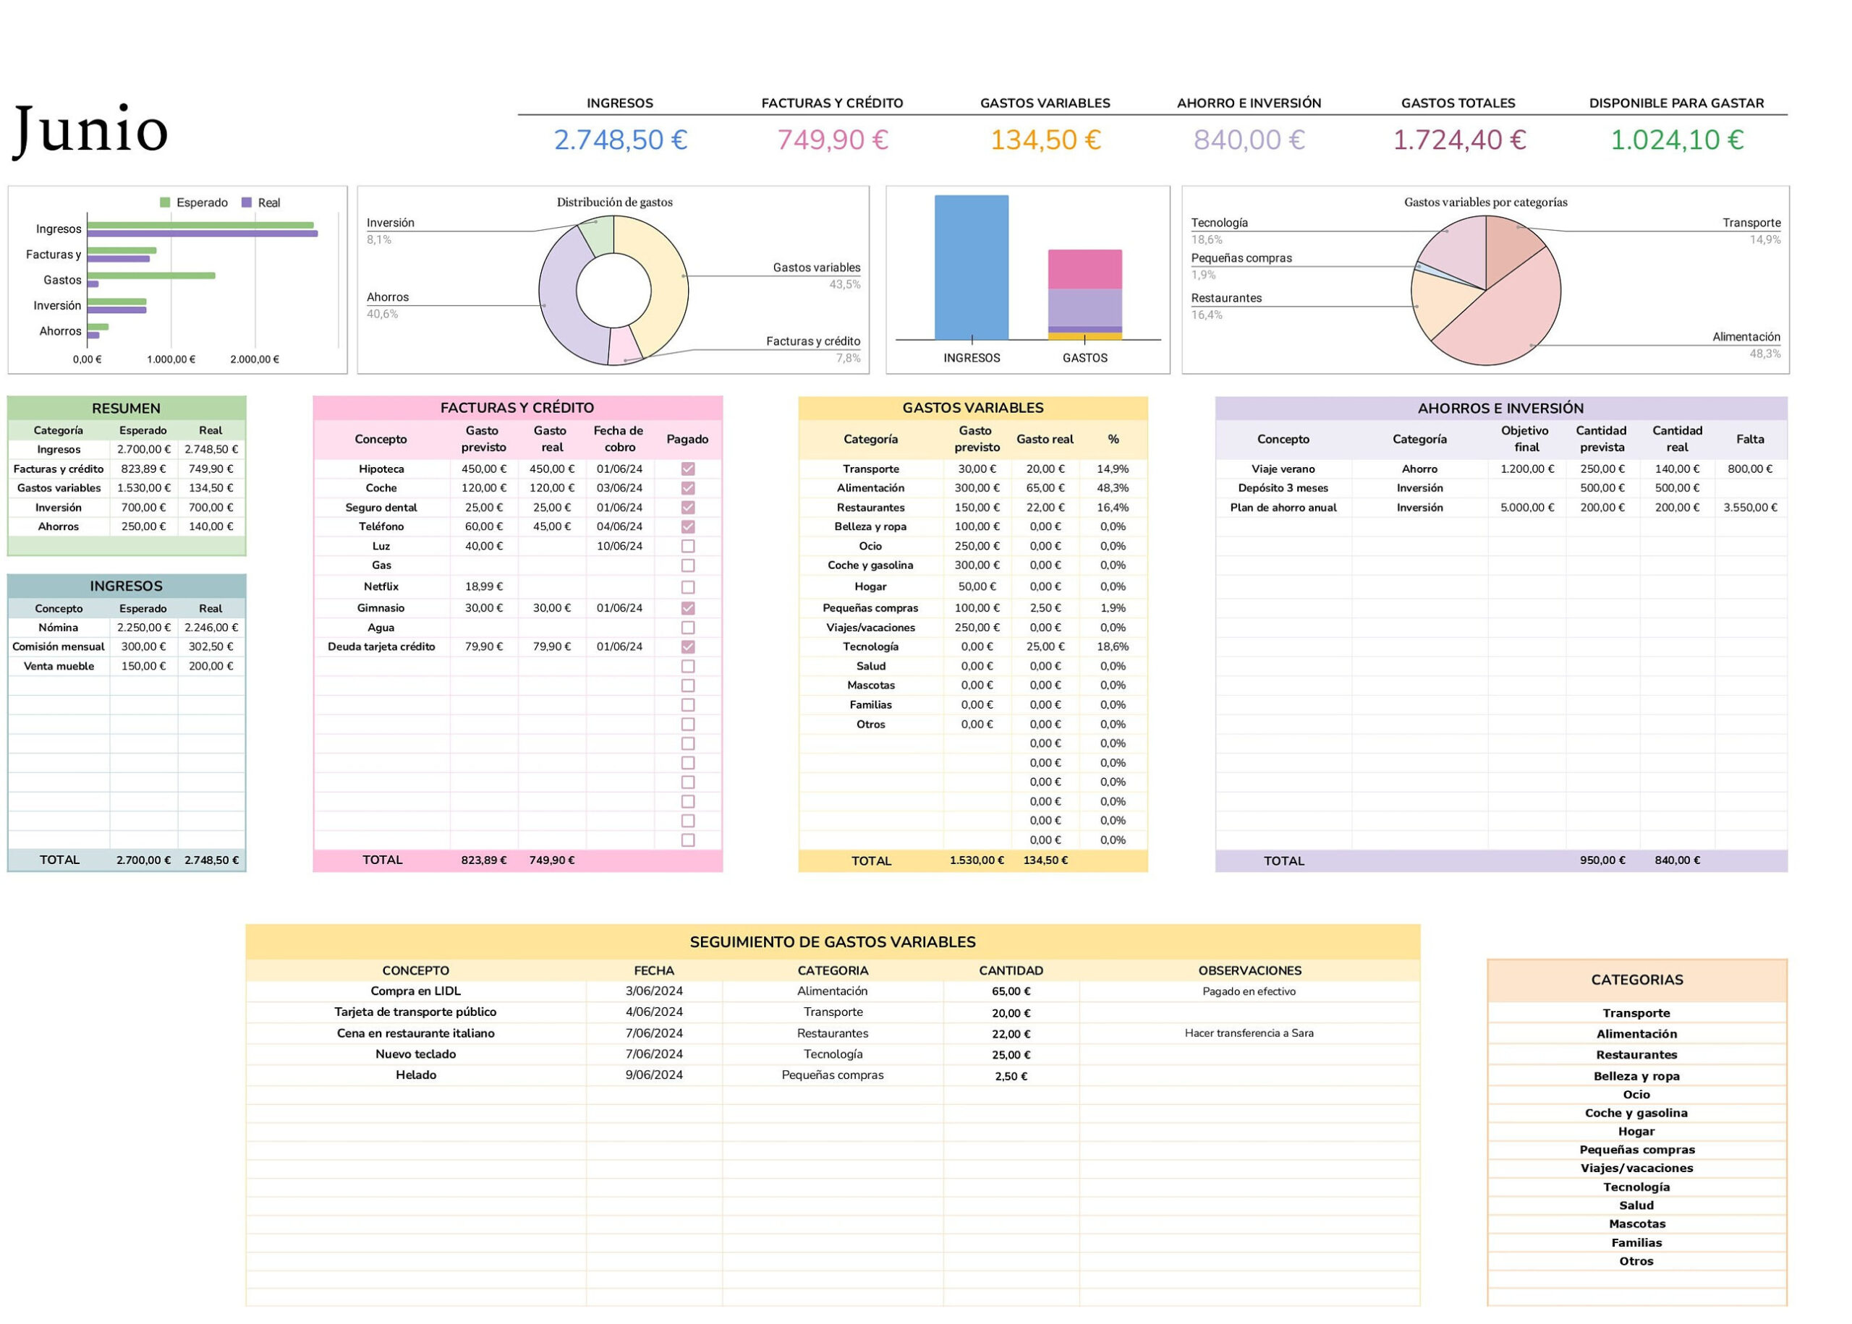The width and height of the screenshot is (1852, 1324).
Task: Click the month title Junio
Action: click(90, 130)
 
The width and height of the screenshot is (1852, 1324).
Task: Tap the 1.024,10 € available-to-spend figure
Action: click(1676, 140)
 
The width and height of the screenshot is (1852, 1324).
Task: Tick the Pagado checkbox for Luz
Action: click(687, 546)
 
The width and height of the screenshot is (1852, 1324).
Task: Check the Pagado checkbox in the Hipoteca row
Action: click(687, 469)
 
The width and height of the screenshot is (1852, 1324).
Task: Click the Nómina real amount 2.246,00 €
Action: click(211, 628)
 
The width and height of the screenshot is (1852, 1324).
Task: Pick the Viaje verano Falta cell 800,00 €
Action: click(1749, 469)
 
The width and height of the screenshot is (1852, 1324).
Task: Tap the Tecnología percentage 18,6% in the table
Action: click(1113, 646)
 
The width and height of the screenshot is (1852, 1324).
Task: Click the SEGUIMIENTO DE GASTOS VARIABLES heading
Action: click(833, 942)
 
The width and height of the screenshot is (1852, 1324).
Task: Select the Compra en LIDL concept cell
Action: click(416, 991)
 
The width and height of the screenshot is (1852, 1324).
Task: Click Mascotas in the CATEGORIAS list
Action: click(1636, 1223)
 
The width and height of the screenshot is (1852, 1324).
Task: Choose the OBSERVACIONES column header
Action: click(1249, 971)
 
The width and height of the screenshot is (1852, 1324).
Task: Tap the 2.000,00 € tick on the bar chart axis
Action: click(255, 359)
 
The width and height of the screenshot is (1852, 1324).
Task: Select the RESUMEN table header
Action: click(127, 409)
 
